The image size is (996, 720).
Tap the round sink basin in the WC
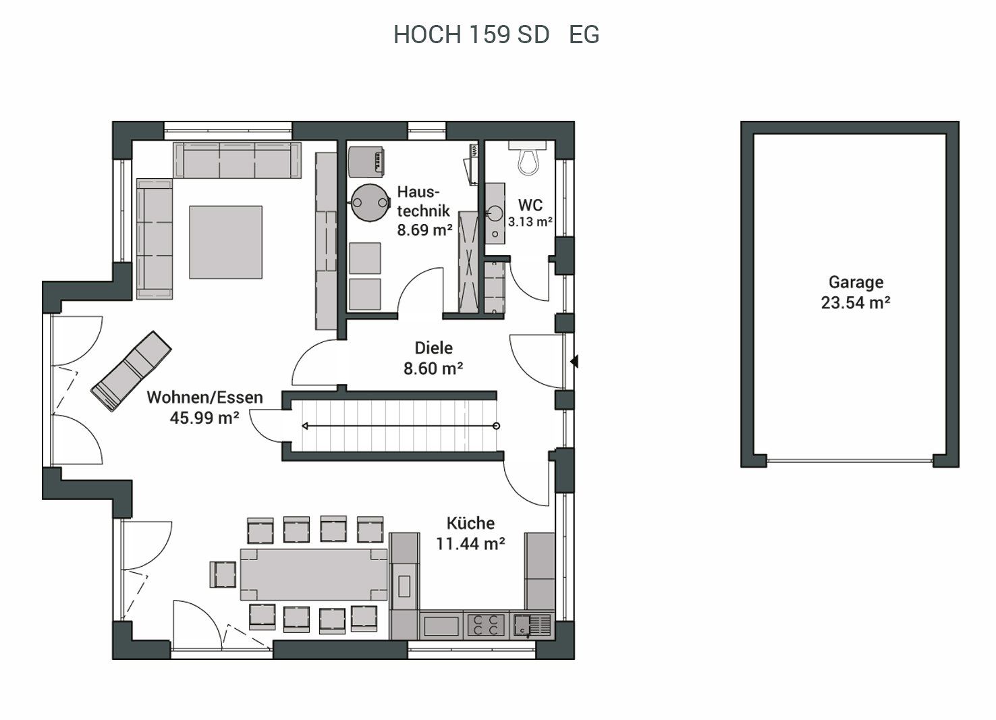[x=495, y=214]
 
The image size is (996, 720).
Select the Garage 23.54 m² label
[x=856, y=292]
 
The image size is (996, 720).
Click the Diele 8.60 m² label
[x=433, y=358]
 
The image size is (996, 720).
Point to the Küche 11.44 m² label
[x=470, y=533]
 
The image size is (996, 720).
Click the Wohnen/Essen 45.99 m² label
[x=204, y=408]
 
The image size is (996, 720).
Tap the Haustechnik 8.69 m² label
[x=424, y=211]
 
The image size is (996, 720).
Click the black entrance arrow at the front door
[x=574, y=361]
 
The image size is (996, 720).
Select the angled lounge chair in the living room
[x=131, y=371]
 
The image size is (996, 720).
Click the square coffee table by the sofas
[x=226, y=242]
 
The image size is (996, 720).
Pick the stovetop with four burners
[x=486, y=625]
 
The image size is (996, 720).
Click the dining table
[x=314, y=574]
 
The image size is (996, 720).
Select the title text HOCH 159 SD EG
[x=496, y=34]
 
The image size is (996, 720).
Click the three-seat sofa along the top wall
[x=238, y=161]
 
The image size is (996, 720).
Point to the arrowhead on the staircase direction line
[x=305, y=426]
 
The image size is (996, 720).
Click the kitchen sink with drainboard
[x=532, y=625]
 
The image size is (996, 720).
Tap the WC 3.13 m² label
[x=530, y=213]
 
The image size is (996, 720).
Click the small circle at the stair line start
[x=497, y=426]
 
